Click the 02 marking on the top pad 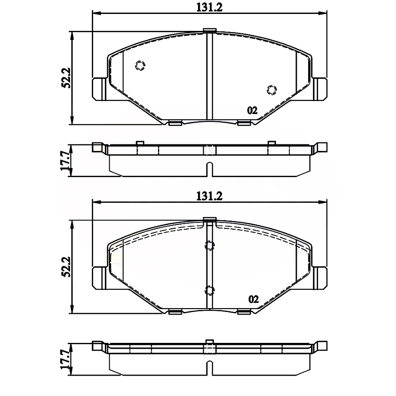click(252, 111)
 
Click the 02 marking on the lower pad click(253, 299)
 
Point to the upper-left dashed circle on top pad click(140, 66)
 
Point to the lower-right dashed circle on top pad click(272, 90)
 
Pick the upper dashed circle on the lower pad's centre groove click(209, 246)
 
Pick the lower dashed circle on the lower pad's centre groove click(209, 290)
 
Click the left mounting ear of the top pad click(99, 89)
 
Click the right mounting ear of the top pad click(320, 89)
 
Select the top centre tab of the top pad click(209, 30)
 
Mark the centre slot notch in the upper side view click(209, 169)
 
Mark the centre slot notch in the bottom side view click(209, 366)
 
